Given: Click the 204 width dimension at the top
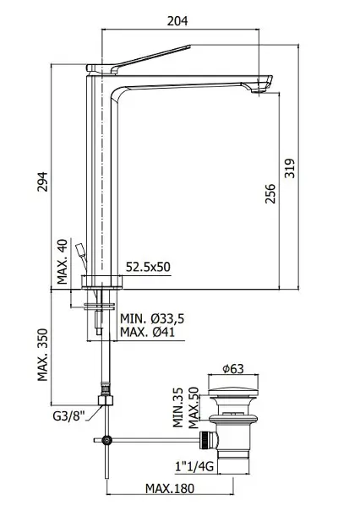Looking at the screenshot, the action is coord(177,21).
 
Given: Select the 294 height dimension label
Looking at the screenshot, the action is coord(43,182).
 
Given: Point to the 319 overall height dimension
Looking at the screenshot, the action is coord(290,168).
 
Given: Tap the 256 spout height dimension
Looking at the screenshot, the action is coord(270,193).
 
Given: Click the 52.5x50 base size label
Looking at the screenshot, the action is coord(148,267).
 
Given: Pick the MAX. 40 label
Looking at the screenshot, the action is coord(63,262).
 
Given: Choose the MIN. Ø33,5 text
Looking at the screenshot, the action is coord(152,318).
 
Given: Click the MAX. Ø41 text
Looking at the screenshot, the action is coord(148,332).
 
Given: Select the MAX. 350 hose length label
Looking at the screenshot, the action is coord(43,355).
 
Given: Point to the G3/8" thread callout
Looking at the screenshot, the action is coord(68,416).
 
